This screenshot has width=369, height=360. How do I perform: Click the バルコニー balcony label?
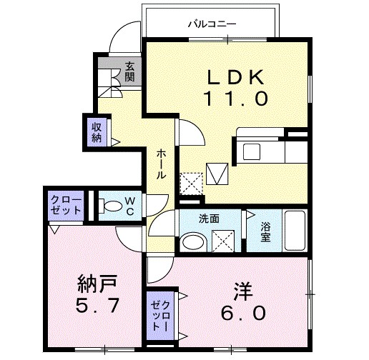click(212, 24)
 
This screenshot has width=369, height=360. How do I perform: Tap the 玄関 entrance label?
click(130, 71)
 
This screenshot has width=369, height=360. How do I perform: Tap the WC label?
click(131, 206)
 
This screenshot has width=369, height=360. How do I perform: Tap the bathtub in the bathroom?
click(294, 231)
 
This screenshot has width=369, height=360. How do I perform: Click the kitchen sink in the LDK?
click(252, 151)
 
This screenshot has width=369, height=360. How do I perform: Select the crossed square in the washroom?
click(222, 242)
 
